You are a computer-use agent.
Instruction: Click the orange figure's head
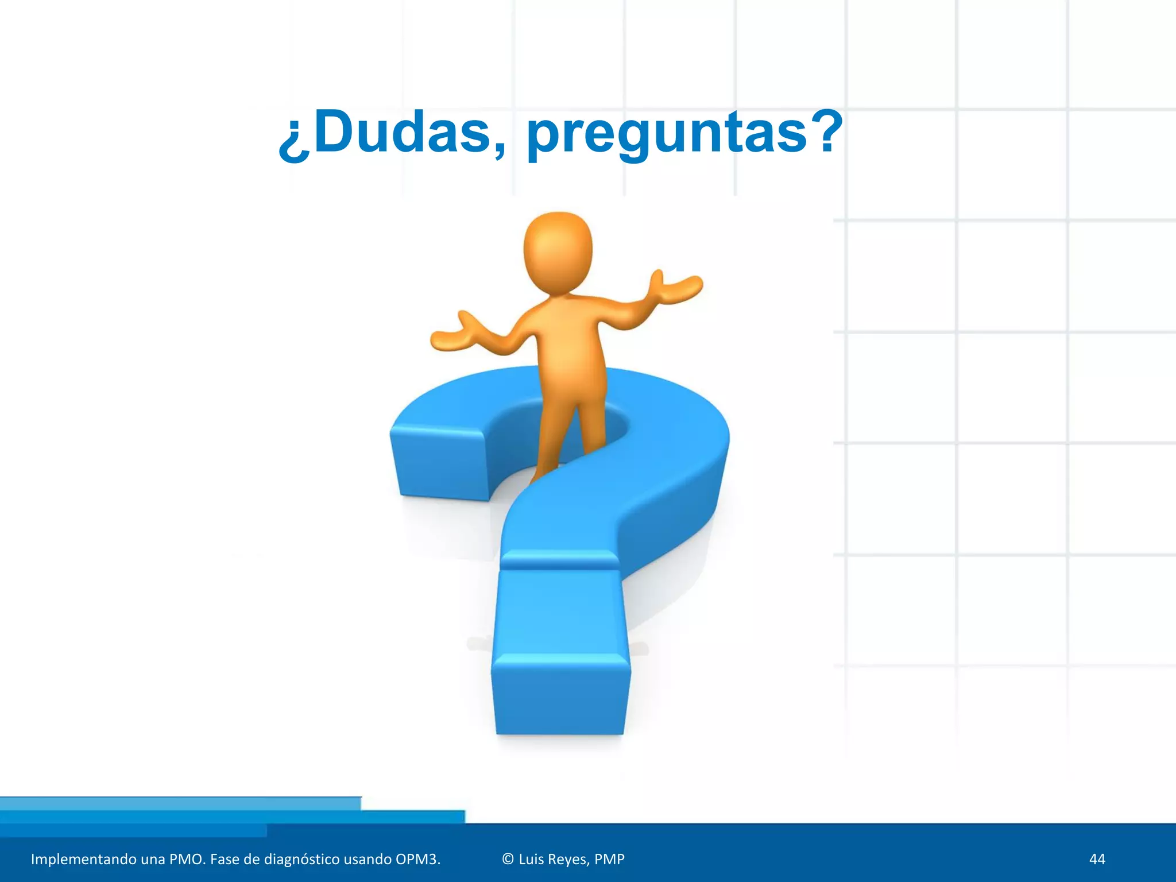click(x=558, y=253)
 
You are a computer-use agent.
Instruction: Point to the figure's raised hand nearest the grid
click(x=678, y=287)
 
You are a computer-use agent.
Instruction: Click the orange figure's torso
click(x=568, y=339)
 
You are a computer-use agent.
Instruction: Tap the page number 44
click(x=1097, y=859)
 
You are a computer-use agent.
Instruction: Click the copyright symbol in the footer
click(x=508, y=859)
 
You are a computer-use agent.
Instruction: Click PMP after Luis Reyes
click(x=609, y=859)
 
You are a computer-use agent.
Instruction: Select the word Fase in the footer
click(x=225, y=859)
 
